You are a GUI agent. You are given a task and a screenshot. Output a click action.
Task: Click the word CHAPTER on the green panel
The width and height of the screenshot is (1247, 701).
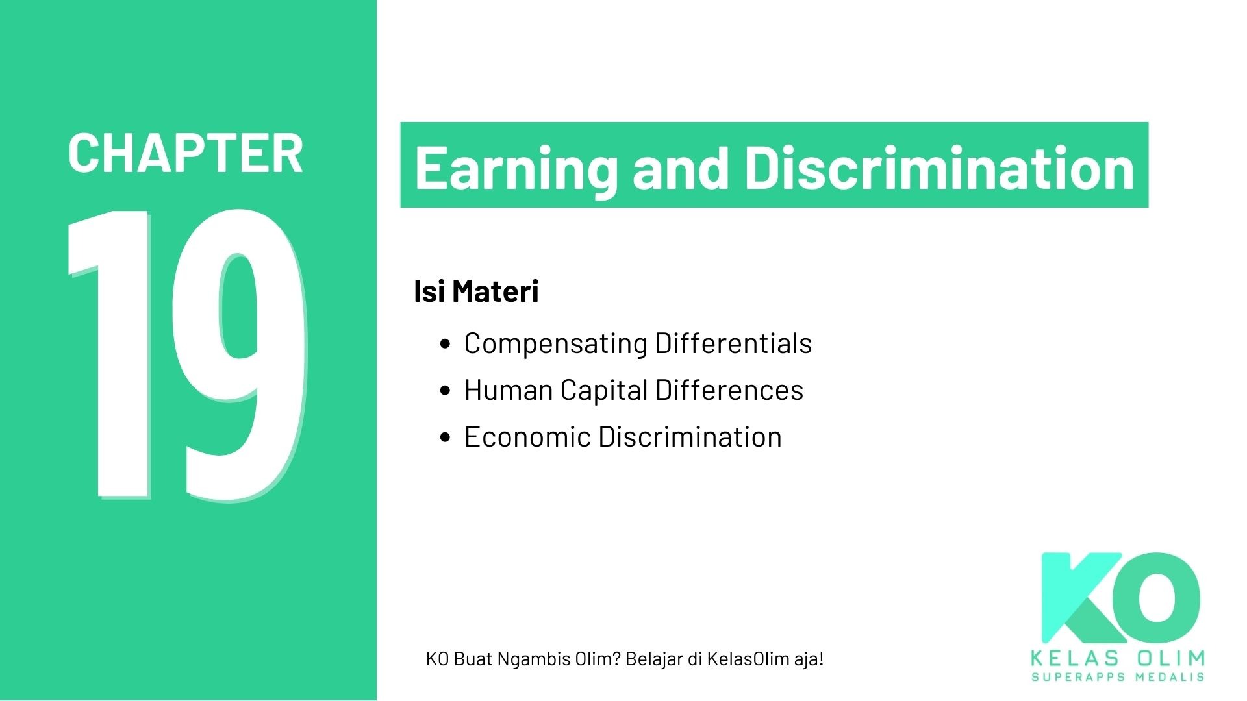tap(185, 154)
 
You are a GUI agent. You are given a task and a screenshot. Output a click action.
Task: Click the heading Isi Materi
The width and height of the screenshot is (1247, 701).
tap(476, 291)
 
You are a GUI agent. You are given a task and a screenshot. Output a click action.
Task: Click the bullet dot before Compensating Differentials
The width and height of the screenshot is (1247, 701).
tap(445, 344)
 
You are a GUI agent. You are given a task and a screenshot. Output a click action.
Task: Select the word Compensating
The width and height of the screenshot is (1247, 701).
tap(555, 344)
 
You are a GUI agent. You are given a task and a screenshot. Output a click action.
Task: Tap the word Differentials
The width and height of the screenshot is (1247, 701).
tap(733, 343)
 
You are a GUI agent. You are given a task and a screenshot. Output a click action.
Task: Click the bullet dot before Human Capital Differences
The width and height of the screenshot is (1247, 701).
tap(445, 391)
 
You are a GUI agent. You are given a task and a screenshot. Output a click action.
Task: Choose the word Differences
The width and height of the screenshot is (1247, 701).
tap(729, 390)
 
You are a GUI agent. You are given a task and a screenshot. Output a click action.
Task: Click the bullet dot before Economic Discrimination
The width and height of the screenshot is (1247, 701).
tap(445, 437)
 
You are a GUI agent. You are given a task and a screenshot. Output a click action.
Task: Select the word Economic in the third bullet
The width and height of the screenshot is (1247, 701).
tap(527, 437)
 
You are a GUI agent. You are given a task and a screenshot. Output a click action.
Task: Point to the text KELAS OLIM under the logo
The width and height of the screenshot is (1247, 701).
tap(1118, 658)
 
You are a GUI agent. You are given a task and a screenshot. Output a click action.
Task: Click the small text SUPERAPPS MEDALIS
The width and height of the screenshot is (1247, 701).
tap(1118, 677)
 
